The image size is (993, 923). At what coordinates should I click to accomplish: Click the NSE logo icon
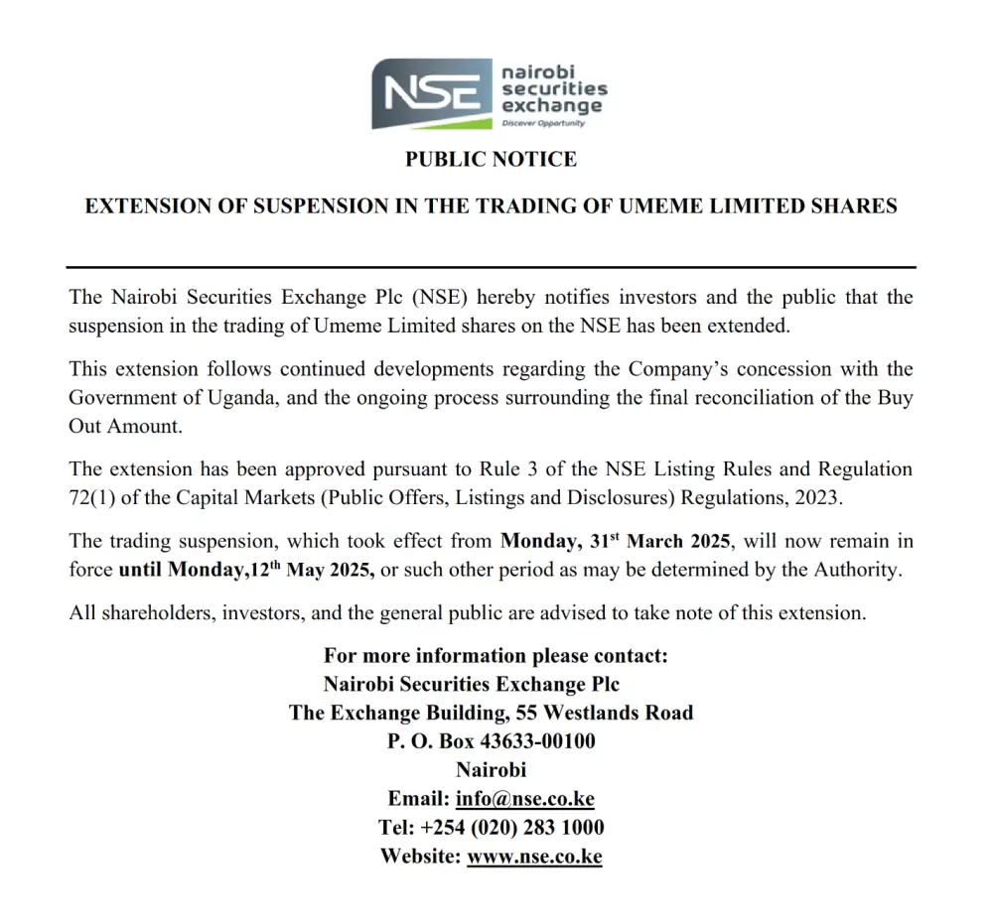click(x=433, y=93)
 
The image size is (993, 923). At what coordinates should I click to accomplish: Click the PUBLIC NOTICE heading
click(x=491, y=159)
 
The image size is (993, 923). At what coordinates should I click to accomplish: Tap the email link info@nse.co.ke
click(x=525, y=799)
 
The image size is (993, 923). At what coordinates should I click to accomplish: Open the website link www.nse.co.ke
click(x=534, y=856)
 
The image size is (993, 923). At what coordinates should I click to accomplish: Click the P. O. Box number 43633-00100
click(x=537, y=740)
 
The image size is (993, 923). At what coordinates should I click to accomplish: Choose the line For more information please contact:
click(x=496, y=656)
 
